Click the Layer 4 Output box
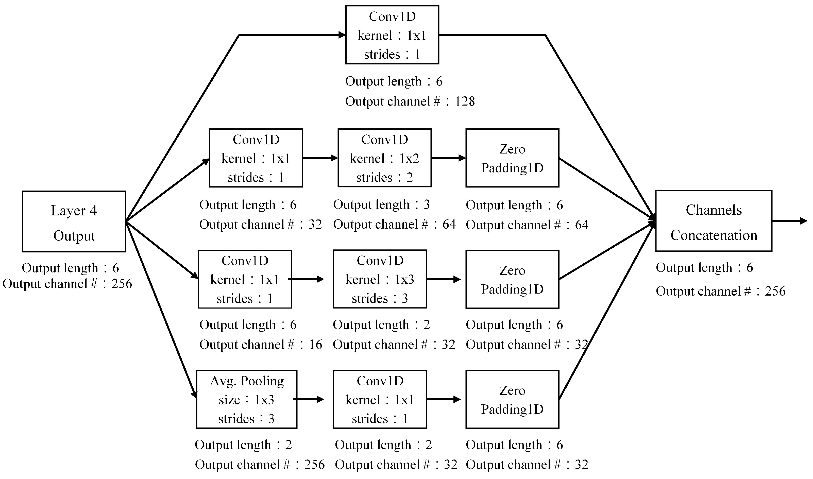(74, 221)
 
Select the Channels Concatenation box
(713, 221)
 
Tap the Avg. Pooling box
(247, 399)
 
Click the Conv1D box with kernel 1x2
(384, 158)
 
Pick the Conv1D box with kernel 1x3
(380, 279)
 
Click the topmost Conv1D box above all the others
(392, 35)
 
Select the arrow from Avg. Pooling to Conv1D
(309, 399)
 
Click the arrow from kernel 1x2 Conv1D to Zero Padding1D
(448, 158)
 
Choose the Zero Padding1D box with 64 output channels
(512, 158)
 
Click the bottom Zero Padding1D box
(512, 399)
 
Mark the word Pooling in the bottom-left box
(262, 381)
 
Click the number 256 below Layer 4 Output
(122, 284)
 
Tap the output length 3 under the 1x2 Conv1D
(426, 204)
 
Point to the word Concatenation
(714, 235)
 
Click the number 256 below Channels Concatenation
(775, 291)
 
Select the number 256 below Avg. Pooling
(314, 465)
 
